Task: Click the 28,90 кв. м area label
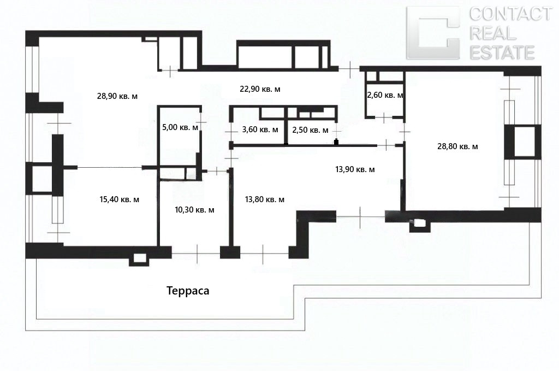pyautogui.click(x=117, y=96)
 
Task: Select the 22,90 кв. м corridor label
pyautogui.click(x=260, y=89)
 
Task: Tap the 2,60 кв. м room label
pyautogui.click(x=385, y=95)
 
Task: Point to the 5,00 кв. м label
pyautogui.click(x=180, y=127)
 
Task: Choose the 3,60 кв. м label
pyautogui.click(x=260, y=129)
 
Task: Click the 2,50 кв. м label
pyautogui.click(x=310, y=130)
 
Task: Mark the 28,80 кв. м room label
pyautogui.click(x=458, y=146)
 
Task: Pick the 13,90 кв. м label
pyautogui.click(x=355, y=169)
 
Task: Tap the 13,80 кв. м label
pyautogui.click(x=265, y=199)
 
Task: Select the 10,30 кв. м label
pyautogui.click(x=195, y=210)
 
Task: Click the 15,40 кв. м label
pyautogui.click(x=120, y=199)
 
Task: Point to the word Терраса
pyautogui.click(x=188, y=291)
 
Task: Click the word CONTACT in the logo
pyautogui.click(x=510, y=14)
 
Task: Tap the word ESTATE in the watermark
pyautogui.click(x=502, y=52)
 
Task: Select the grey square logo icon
pyautogui.click(x=433, y=33)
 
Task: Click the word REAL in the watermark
pyautogui.click(x=493, y=33)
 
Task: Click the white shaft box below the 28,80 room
pyautogui.click(x=420, y=223)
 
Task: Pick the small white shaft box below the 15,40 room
pyautogui.click(x=140, y=258)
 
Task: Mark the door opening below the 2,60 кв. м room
pyautogui.click(x=384, y=117)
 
